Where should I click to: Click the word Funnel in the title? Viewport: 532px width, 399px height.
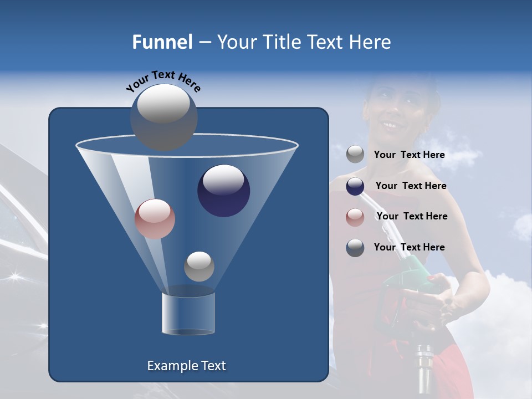coord(162,42)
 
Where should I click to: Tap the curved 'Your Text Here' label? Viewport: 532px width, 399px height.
coord(163,81)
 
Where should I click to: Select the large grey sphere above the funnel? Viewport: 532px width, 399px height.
coord(163,117)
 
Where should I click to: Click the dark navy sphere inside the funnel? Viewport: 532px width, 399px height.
coord(223,191)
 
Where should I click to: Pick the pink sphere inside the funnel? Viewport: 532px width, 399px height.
coord(155,219)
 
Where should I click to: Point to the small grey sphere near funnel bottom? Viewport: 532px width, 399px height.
coord(199,266)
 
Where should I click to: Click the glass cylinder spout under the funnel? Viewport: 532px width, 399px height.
coord(188,314)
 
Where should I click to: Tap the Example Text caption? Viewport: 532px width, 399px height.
coord(186,366)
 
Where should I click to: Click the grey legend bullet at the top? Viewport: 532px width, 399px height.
coord(355,155)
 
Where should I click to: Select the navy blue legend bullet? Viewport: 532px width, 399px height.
coord(355,186)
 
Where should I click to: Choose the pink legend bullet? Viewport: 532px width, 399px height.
coord(355,217)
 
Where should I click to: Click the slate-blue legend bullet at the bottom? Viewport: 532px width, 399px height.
coord(355,248)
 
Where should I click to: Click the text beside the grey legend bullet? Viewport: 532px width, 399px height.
coord(409,155)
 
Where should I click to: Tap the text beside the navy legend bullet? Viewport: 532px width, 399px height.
coord(411,186)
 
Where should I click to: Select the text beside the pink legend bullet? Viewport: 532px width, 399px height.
coord(412,217)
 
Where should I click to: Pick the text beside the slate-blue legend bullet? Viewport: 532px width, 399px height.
coord(409,248)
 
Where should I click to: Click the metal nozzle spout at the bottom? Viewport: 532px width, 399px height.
coord(424,369)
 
